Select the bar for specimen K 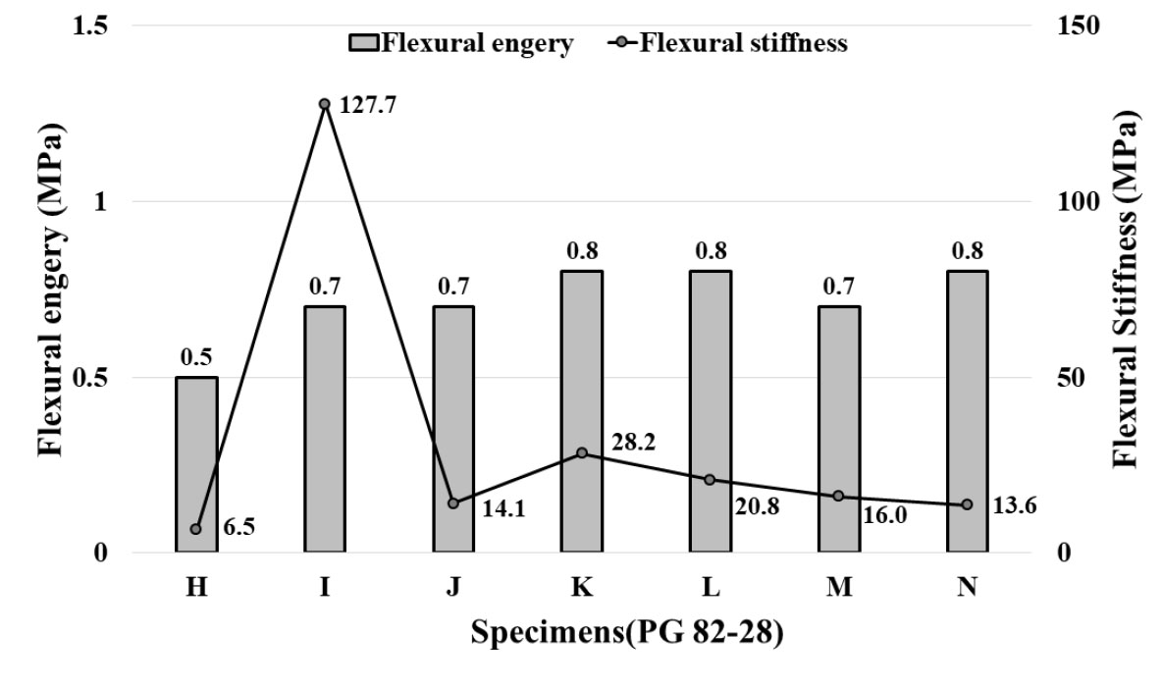pyautogui.click(x=581, y=412)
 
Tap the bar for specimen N pyautogui.click(x=967, y=412)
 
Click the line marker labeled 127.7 pyautogui.click(x=324, y=104)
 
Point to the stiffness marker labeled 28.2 pyautogui.click(x=582, y=453)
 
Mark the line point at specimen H pyautogui.click(x=196, y=529)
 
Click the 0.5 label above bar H pyautogui.click(x=196, y=356)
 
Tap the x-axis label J pyautogui.click(x=453, y=587)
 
